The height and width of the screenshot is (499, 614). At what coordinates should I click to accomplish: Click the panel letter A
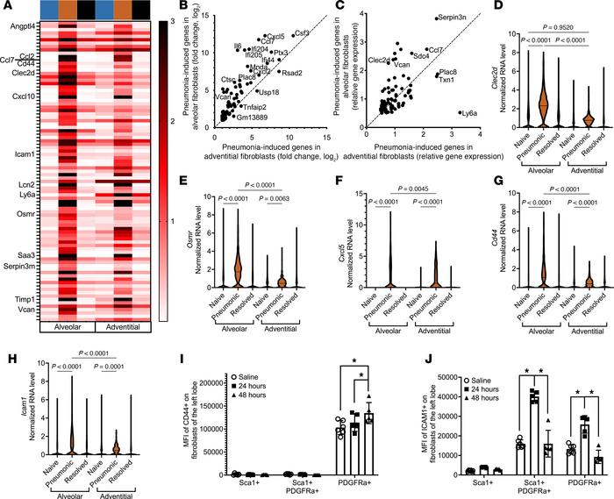(7, 7)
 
